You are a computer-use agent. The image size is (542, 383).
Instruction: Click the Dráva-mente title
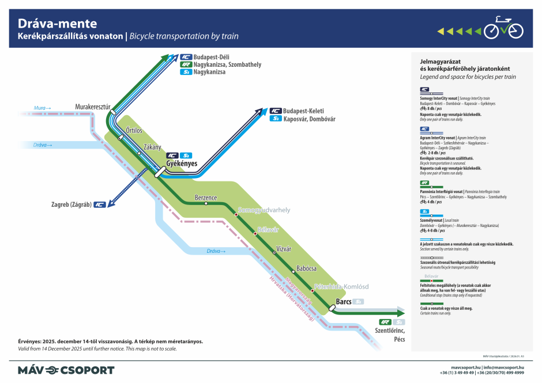58,24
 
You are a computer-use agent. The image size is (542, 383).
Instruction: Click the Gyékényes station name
182,164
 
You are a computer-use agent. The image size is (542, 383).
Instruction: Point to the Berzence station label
206,198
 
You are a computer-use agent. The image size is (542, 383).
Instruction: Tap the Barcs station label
344,301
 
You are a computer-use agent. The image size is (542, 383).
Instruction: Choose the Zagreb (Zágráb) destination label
70,204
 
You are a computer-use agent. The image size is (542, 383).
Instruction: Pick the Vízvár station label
284,249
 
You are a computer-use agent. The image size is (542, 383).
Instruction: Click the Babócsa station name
306,268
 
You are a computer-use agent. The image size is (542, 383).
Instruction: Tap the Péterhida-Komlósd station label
341,286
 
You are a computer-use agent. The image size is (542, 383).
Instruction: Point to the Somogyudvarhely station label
264,210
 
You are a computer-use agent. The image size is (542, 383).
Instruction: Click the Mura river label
42,108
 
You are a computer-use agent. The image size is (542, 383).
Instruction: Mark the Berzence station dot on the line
206,203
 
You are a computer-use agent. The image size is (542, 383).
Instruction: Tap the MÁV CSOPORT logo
66,370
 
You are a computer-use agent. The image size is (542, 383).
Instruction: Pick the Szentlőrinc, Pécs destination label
390,334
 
